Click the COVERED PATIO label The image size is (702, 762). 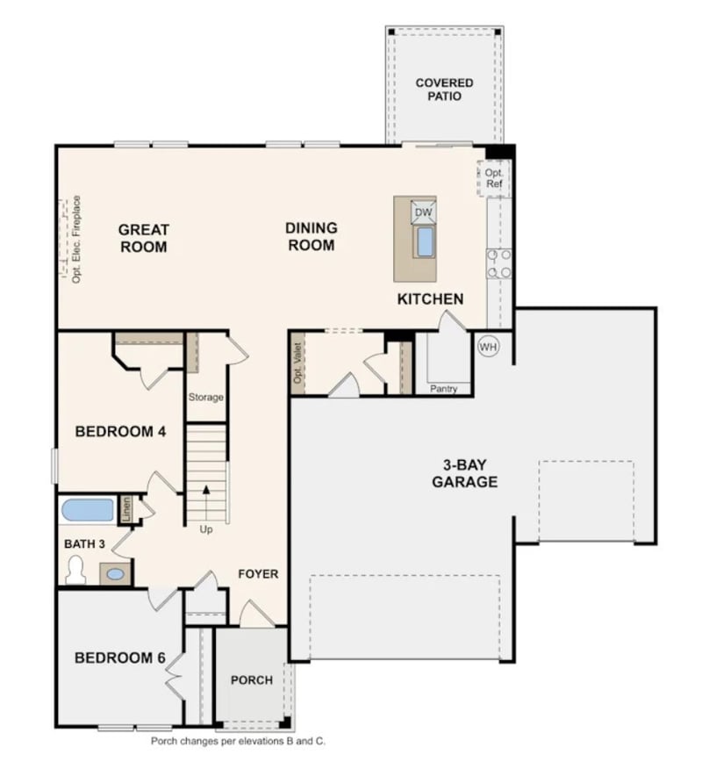(444, 90)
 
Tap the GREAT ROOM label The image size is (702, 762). (144, 238)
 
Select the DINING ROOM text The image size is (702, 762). (311, 237)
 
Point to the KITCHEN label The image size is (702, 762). (430, 299)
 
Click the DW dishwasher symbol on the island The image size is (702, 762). (423, 212)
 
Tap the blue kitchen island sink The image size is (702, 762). (425, 241)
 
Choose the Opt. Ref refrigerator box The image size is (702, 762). (494, 179)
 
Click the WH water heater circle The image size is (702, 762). (488, 347)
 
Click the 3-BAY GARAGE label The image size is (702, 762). (464, 474)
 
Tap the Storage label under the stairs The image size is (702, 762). (206, 398)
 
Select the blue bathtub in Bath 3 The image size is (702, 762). (89, 510)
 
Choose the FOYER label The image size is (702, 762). (258, 574)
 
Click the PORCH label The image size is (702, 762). (251, 680)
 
